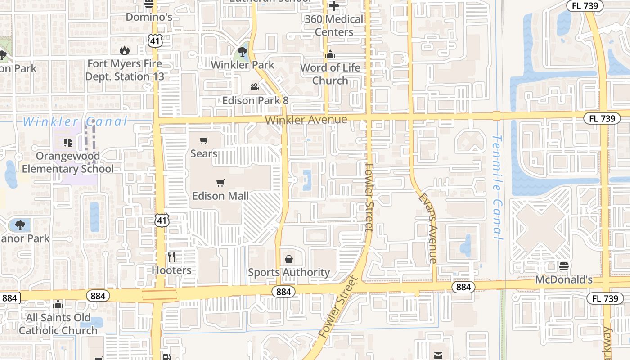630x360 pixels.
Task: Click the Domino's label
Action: tap(149, 17)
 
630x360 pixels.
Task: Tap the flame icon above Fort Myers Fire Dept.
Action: tap(124, 50)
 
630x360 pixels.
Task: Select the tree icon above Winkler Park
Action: tap(243, 51)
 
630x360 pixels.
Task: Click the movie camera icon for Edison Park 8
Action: tap(255, 87)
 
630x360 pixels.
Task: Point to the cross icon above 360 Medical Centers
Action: tap(333, 6)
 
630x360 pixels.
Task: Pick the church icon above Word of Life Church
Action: tap(331, 54)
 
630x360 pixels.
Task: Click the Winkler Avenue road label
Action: tap(306, 120)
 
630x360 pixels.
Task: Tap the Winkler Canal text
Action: tap(75, 121)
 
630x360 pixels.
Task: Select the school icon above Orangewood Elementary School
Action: tap(68, 143)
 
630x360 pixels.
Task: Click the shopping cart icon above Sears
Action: tap(204, 140)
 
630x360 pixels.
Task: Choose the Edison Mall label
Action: tap(220, 196)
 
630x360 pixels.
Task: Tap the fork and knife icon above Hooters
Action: tap(171, 257)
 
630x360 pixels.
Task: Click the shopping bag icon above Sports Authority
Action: tap(289, 259)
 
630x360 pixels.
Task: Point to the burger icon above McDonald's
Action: tap(563, 266)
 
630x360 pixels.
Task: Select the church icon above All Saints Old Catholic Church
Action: tap(58, 305)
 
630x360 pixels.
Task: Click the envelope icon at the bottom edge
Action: tap(438, 355)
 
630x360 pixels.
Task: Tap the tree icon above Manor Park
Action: tap(20, 225)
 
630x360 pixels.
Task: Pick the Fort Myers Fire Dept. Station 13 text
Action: tap(125, 70)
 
